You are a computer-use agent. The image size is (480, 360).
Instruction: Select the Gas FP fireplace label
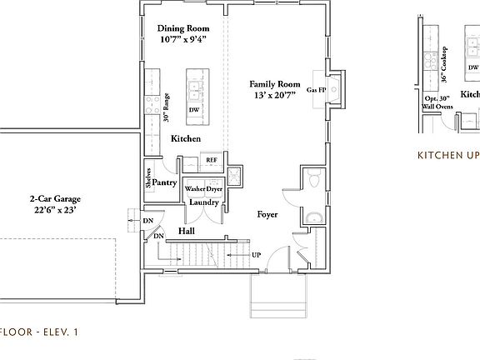click(317, 89)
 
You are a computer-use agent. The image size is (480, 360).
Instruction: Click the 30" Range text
click(167, 107)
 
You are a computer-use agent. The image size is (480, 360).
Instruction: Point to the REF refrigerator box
click(212, 159)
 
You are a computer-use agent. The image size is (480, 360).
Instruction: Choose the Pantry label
click(166, 182)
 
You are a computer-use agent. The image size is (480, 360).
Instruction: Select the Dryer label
click(213, 188)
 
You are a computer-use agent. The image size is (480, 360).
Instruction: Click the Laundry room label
click(204, 202)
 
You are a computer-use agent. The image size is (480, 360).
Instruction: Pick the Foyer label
click(267, 215)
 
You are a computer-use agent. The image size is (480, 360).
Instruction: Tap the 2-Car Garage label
click(60, 199)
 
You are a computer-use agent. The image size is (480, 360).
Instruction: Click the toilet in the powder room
click(315, 181)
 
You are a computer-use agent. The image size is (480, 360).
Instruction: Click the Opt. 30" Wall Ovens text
click(438, 102)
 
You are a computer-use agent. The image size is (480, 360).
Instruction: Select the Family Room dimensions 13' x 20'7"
click(276, 97)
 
